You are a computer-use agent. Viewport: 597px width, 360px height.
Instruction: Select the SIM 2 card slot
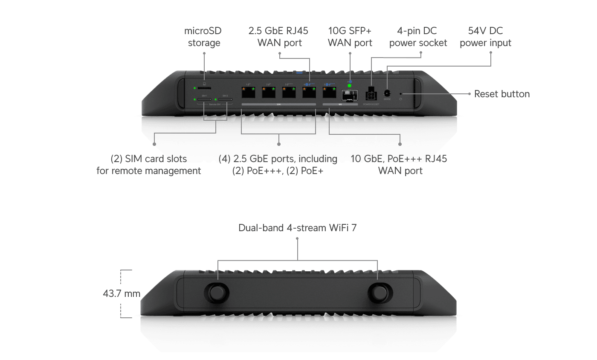226,100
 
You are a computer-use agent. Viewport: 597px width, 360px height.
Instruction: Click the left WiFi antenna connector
218,293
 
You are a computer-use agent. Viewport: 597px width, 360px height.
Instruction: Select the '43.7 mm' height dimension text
122,294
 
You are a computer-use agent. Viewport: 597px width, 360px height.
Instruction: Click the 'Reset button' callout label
502,94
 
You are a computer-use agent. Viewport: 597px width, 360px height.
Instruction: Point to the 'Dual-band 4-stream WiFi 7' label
297,228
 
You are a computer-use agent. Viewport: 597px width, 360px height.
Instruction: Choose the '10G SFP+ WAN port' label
350,37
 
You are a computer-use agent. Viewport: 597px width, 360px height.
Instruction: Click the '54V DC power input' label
485,37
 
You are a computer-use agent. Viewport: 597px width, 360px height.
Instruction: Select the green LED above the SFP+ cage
350,86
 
